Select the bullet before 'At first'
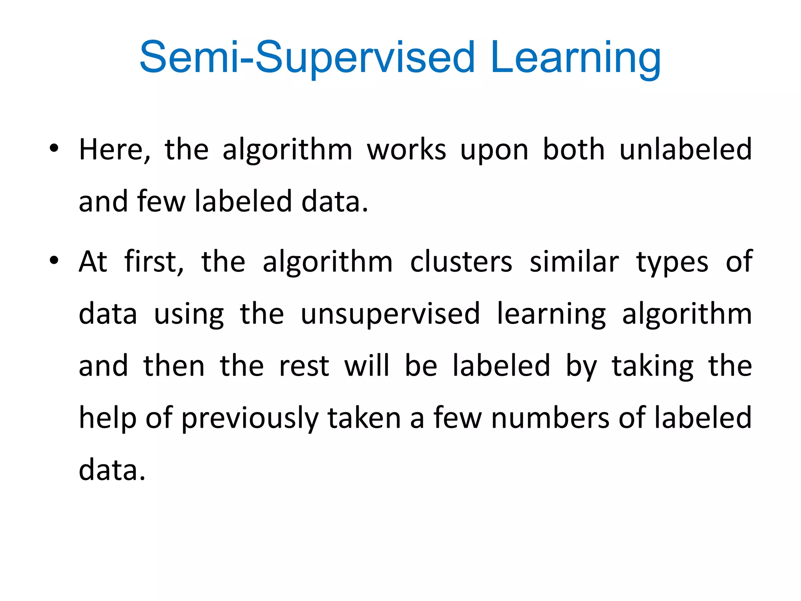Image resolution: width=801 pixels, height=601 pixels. pyautogui.click(x=54, y=260)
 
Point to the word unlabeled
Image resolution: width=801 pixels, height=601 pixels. pyautogui.click(x=686, y=149)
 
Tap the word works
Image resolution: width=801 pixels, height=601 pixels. pyautogui.click(x=406, y=149)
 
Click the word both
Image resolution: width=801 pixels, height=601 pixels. pyautogui.click(x=574, y=149)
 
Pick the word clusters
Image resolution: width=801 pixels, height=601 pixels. pyautogui.click(x=461, y=261)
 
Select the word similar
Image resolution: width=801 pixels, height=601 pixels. pyautogui.click(x=574, y=261)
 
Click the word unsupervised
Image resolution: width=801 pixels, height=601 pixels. pyautogui.click(x=390, y=314)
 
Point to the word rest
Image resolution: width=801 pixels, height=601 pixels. pyautogui.click(x=304, y=366)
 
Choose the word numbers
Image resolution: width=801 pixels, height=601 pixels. pyautogui.click(x=550, y=418)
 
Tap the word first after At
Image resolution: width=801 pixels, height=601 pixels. pyautogui.click(x=154, y=261)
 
